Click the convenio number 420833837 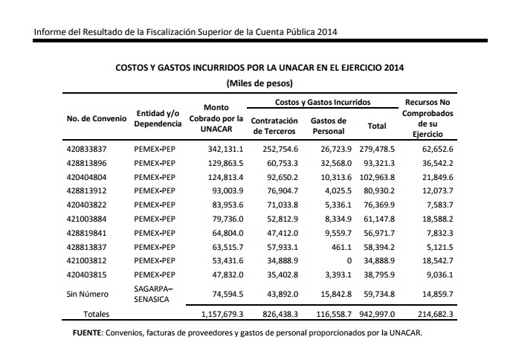point(86,150)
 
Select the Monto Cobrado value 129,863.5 point(226,164)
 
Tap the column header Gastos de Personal point(329,126)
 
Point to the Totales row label point(96,314)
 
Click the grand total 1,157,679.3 point(222,314)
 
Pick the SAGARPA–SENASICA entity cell point(153,295)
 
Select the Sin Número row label point(87,295)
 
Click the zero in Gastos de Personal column point(349,261)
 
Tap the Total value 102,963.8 point(377,177)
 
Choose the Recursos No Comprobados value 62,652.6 point(438,150)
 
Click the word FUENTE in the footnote point(87,333)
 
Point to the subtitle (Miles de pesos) point(259,83)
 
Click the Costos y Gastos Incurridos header point(323,102)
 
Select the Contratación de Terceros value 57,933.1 point(283,247)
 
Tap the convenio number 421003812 point(86,261)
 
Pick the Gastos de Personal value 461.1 point(341,247)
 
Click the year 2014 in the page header point(327,32)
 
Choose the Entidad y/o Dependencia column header point(158,118)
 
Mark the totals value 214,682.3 point(436,314)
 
